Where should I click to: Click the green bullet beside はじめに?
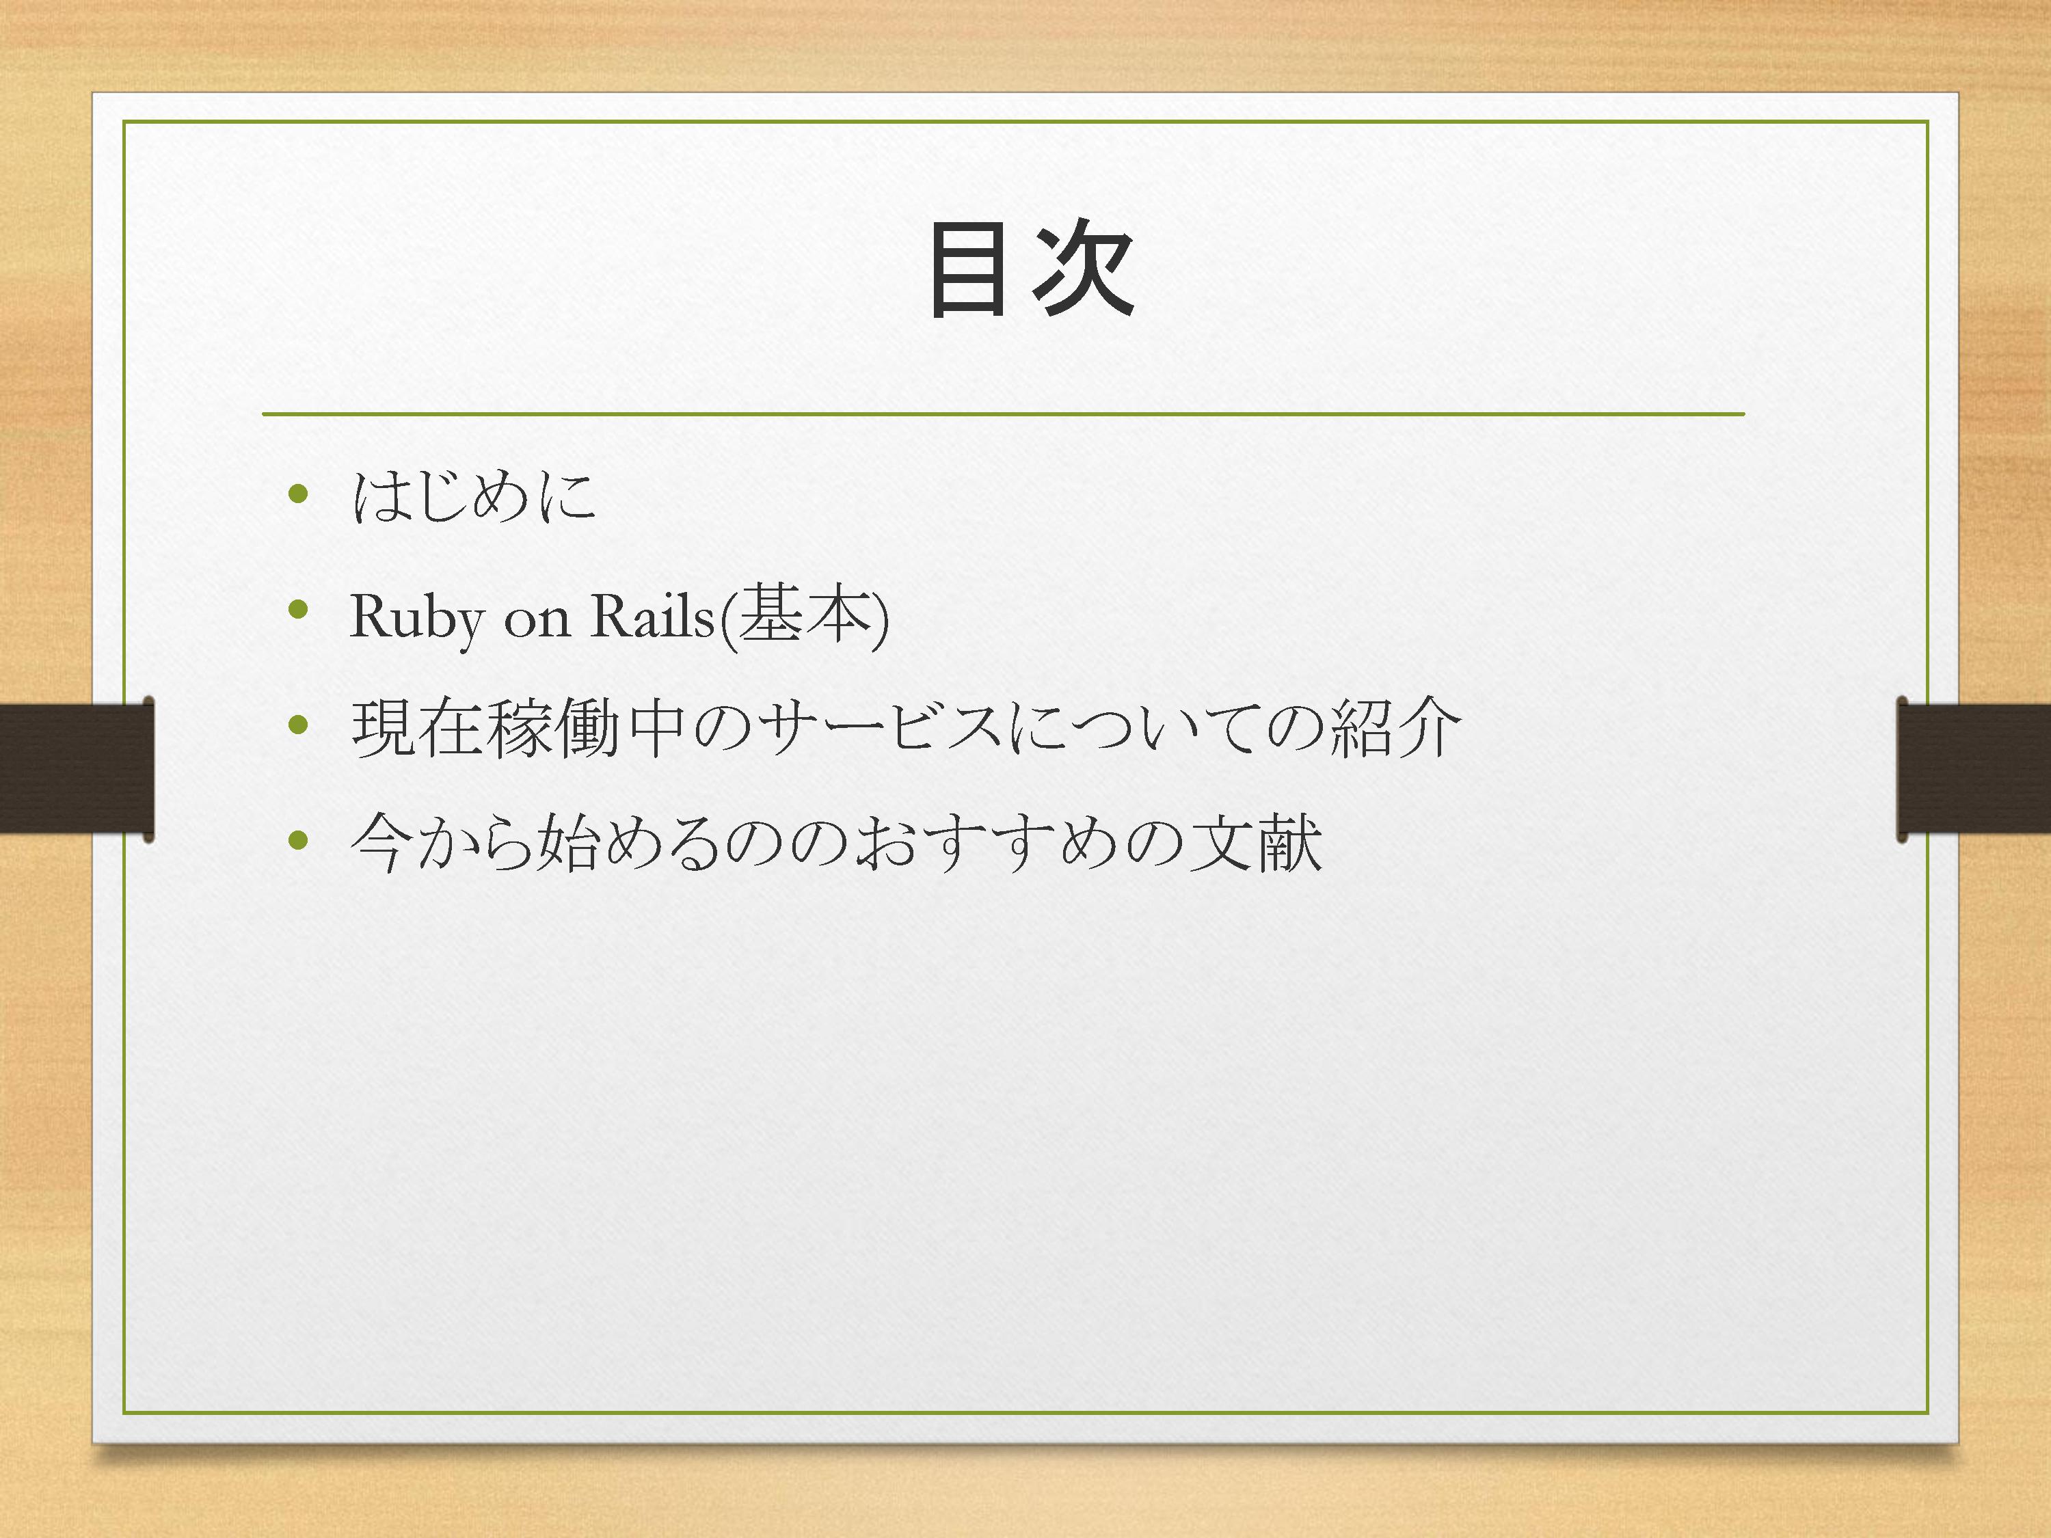pyautogui.click(x=297, y=494)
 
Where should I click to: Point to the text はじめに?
pyautogui.click(x=474, y=496)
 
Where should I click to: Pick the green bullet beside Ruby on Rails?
pyautogui.click(x=297, y=609)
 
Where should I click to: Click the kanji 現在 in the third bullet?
pyautogui.click(x=417, y=728)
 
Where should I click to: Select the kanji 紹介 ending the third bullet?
pyautogui.click(x=1395, y=728)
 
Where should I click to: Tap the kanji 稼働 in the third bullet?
pyautogui.click(x=552, y=728)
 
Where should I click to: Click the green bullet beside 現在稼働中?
pyautogui.click(x=297, y=725)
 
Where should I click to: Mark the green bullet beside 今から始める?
pyautogui.click(x=297, y=841)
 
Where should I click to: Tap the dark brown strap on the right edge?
pyautogui.click(x=1974, y=768)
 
